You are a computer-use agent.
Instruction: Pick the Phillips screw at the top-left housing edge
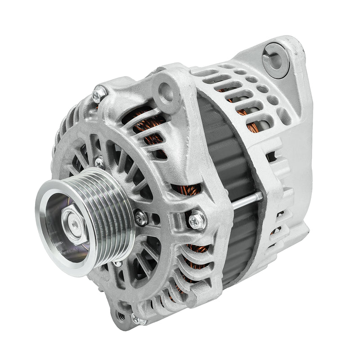click(x=99, y=94)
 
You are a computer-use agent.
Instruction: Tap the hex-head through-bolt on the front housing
click(x=197, y=220)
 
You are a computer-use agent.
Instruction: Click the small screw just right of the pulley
click(x=140, y=218)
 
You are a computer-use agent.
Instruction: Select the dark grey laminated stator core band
click(x=225, y=148)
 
